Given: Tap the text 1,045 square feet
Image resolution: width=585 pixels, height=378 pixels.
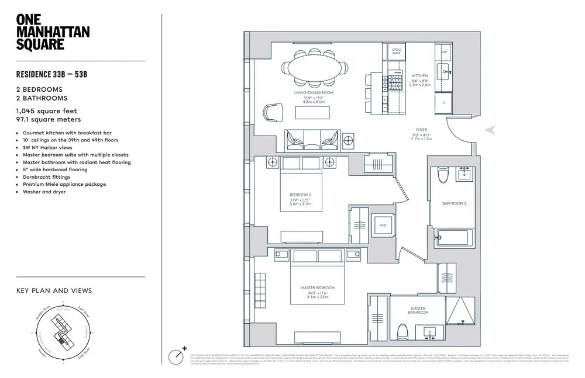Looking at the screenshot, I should pos(47,110).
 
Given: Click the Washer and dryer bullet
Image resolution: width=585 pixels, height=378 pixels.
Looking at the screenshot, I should pos(44,192).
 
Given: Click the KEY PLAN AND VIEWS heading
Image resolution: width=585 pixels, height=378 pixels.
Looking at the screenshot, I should pos(54,290).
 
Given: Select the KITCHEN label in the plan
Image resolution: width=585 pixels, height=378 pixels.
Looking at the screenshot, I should pos(419,76).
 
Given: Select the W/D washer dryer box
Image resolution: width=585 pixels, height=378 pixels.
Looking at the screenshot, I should pos(383,224).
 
